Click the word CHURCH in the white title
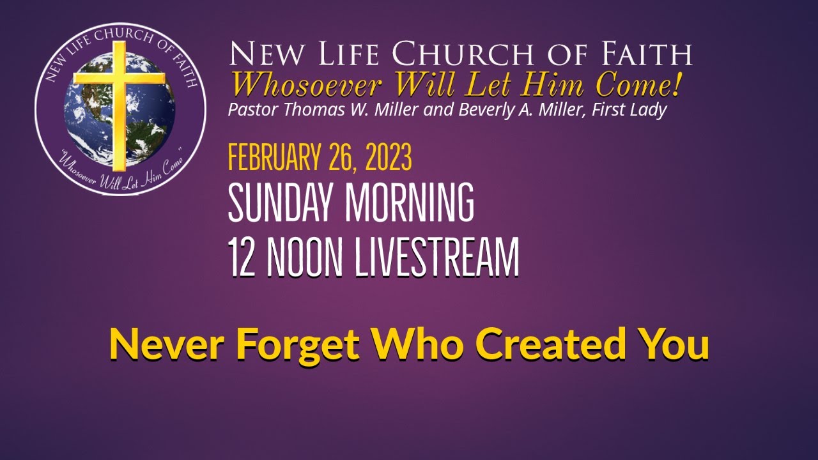[x=446, y=55]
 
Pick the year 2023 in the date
[x=388, y=158]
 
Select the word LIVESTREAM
[x=437, y=257]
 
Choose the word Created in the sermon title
[x=550, y=344]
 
